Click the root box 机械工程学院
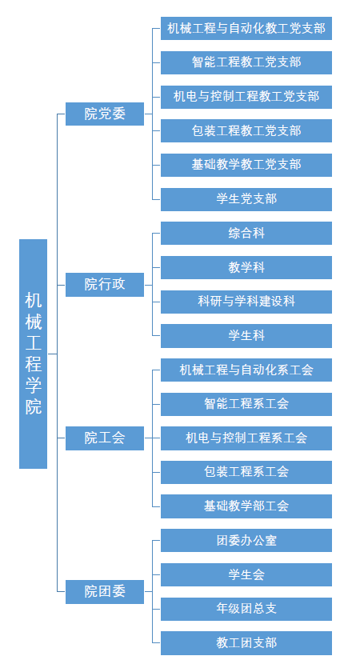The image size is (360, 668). (34, 354)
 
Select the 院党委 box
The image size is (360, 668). (105, 114)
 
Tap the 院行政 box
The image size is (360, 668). (105, 285)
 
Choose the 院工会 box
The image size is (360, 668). (105, 438)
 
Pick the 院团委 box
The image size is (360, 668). (105, 592)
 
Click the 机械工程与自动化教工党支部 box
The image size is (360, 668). (246, 29)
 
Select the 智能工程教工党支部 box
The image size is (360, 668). (246, 62)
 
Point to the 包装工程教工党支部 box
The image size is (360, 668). (246, 130)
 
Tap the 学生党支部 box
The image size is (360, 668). (246, 199)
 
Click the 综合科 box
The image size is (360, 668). (246, 233)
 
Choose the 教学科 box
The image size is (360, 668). (246, 267)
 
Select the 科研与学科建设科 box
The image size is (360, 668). (246, 302)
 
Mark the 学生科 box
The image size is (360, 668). (246, 336)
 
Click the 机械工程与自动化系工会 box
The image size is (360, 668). (246, 370)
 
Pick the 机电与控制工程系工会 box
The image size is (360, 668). (246, 438)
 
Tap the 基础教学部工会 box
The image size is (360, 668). (246, 506)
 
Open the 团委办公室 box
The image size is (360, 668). (246, 540)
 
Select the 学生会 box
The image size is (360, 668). (246, 574)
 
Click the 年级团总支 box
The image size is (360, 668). (246, 609)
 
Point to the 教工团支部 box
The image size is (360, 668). (246, 643)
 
